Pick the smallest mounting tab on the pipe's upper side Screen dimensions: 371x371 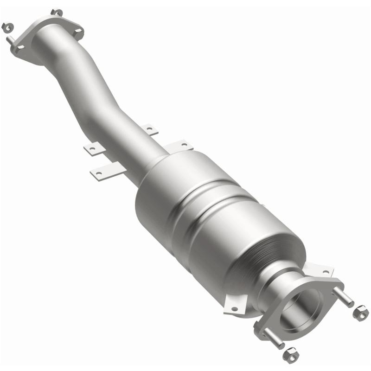(149, 129)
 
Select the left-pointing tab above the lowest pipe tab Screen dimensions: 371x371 (92, 149)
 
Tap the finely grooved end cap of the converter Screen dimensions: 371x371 (278, 250)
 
